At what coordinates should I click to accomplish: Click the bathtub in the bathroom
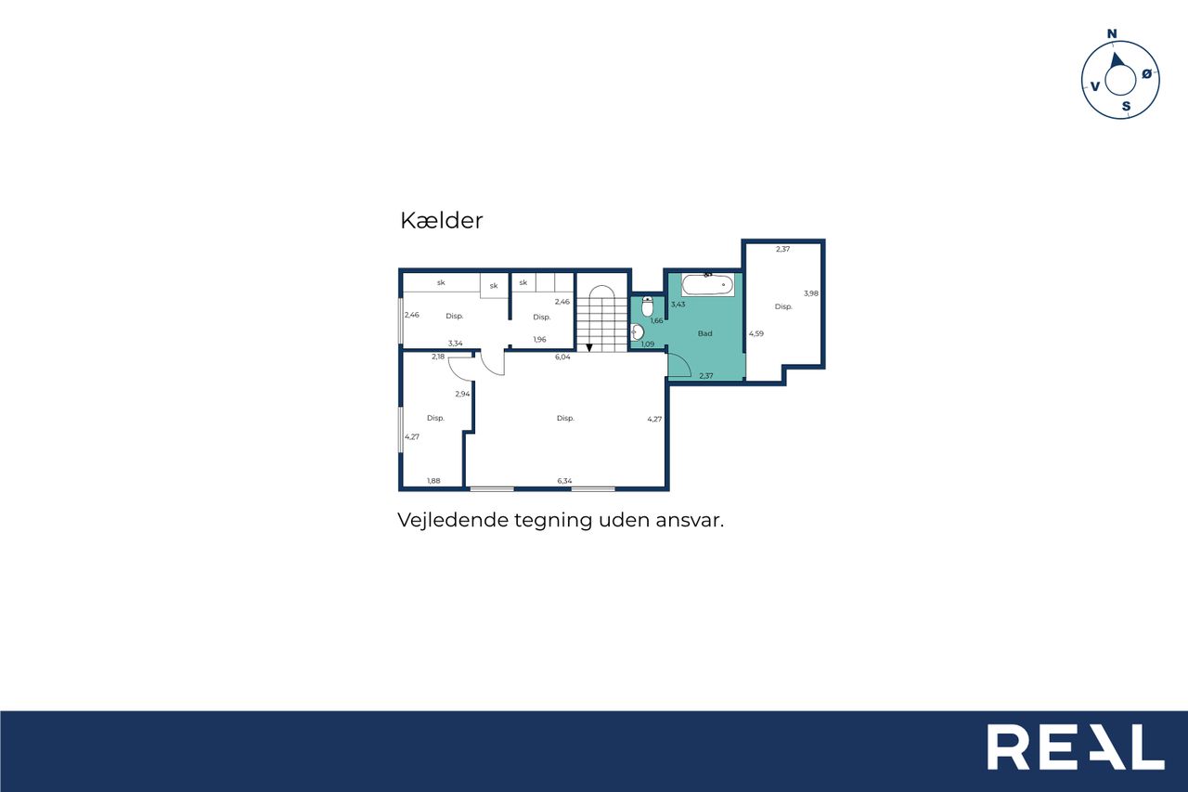[707, 285]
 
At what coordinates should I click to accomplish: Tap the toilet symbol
[647, 306]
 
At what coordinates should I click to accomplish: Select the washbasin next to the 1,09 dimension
[637, 332]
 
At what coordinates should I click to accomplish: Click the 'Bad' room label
[704, 333]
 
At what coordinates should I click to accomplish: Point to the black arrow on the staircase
[588, 347]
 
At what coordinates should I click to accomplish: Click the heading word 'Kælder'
[441, 221]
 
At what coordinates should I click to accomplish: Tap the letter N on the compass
[1112, 34]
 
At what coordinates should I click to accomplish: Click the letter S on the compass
[1126, 107]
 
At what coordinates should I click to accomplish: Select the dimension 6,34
[564, 481]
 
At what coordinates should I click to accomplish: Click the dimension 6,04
[562, 357]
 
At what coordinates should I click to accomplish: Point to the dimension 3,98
[811, 293]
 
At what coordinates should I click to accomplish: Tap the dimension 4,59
[756, 333]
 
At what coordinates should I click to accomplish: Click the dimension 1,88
[433, 481]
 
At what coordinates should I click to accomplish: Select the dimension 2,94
[462, 395]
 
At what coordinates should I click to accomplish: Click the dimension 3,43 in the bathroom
[678, 305]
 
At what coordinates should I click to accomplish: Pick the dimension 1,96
[539, 340]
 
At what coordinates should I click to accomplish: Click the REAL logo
[1076, 747]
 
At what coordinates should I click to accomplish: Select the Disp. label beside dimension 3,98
[783, 306]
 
